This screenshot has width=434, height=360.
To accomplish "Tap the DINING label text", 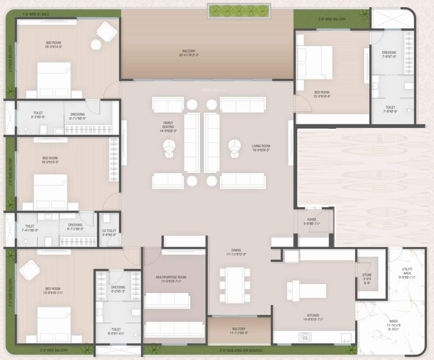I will [x=236, y=252].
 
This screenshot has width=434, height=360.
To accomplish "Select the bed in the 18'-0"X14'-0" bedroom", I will [x=54, y=80].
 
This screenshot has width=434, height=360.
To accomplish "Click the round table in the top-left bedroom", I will [x=96, y=45].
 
